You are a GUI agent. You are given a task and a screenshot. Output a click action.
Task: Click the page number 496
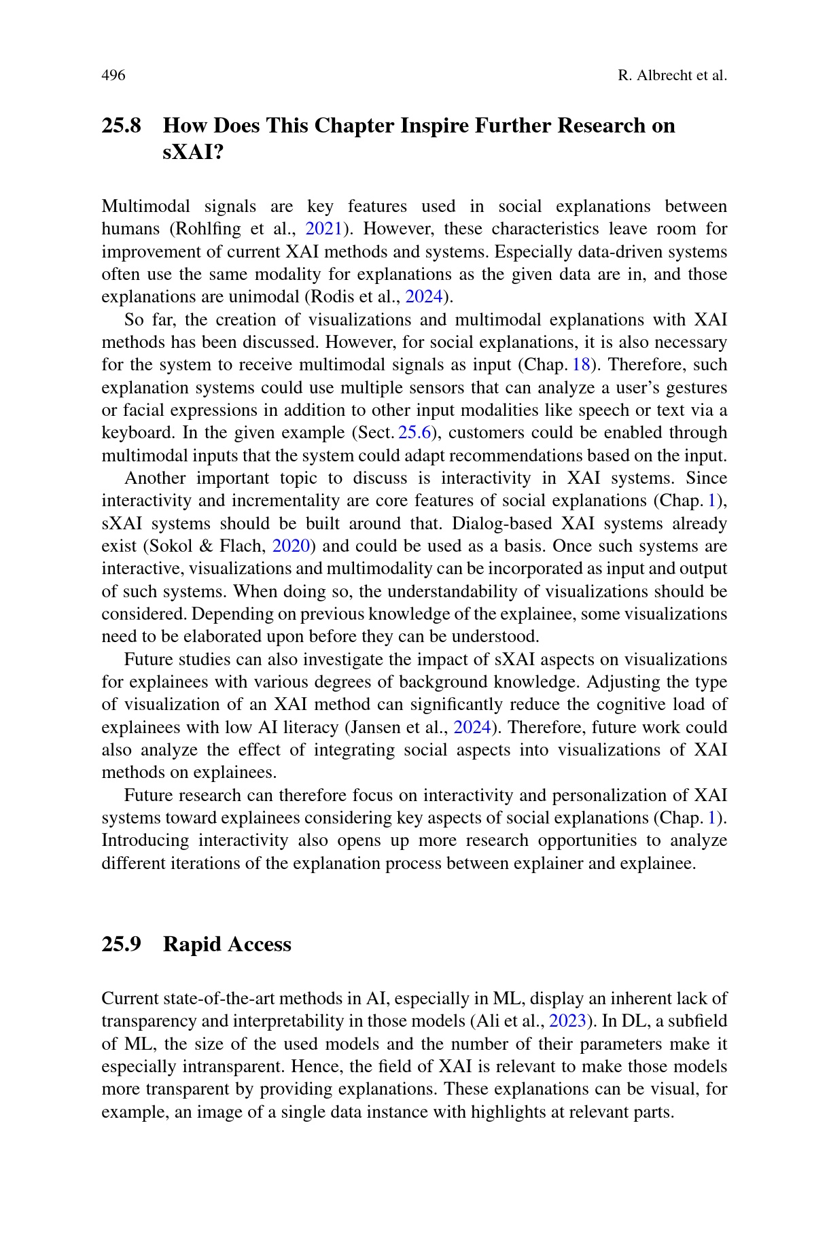113,75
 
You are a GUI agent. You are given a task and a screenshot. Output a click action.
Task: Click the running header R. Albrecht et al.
672,75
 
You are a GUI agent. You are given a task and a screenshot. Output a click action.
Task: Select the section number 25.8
122,126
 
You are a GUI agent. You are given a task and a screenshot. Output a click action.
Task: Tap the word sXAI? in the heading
194,152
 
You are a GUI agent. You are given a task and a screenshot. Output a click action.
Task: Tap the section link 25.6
414,433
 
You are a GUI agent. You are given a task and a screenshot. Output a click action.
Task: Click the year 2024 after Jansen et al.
472,728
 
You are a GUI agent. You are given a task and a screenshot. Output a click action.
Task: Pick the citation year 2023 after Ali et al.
567,1022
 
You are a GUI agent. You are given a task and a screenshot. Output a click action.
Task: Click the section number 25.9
122,944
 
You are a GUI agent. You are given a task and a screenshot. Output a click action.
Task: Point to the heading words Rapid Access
227,944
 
